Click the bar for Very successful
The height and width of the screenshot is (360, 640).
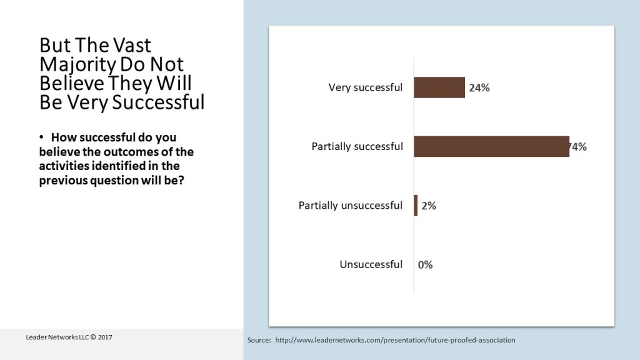[439, 87]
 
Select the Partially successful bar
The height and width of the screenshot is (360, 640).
[491, 146]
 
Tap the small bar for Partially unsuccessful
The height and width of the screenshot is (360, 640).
[416, 205]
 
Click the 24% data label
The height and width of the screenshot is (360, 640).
[479, 88]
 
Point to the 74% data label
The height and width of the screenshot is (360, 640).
[578, 147]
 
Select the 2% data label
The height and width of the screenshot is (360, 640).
[429, 206]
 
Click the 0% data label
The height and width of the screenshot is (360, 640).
[426, 264]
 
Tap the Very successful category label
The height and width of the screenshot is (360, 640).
[366, 87]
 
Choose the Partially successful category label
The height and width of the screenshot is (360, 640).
[357, 147]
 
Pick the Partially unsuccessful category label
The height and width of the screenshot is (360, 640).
[351, 206]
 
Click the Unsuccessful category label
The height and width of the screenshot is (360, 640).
[371, 264]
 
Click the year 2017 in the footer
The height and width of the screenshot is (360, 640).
[104, 337]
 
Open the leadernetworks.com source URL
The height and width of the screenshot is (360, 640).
[395, 341]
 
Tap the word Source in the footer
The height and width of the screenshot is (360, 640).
[259, 341]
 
